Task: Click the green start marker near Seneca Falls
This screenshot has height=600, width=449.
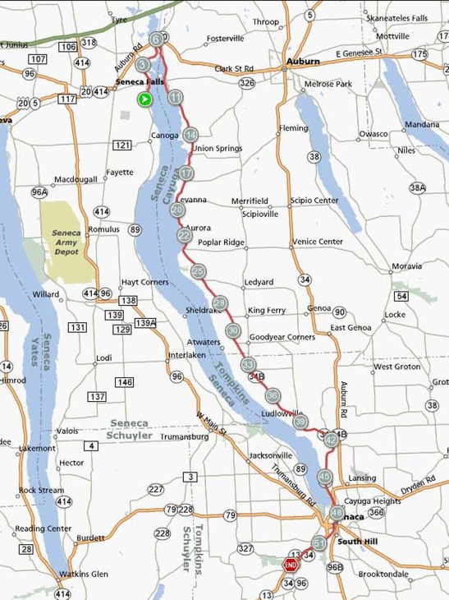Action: coord(144,99)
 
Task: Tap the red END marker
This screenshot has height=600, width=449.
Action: coord(290,565)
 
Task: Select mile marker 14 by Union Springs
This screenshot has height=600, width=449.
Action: coord(190,135)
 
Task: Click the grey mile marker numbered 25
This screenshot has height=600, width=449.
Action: coord(198,271)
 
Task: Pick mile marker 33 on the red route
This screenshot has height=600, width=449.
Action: coord(248,364)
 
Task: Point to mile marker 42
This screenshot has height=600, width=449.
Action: coord(331,440)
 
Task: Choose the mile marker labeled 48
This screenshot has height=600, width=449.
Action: coord(336,513)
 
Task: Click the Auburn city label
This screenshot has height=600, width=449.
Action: coord(303,62)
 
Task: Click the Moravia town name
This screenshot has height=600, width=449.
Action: coord(406,266)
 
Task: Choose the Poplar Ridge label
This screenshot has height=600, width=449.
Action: coord(222,242)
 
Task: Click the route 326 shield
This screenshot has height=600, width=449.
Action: coord(247,82)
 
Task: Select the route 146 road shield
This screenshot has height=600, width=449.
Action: coord(124,382)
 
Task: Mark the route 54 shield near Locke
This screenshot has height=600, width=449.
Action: coord(401,296)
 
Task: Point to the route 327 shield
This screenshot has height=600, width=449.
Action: coord(245,548)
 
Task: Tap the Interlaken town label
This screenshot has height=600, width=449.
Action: coord(186,355)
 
